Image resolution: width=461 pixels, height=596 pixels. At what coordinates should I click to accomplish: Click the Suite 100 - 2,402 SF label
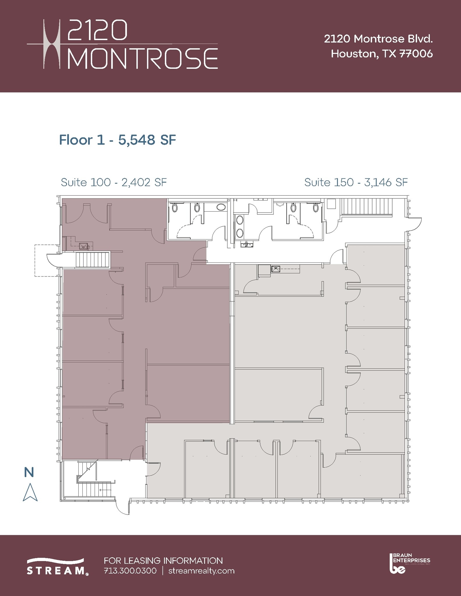coord(114,182)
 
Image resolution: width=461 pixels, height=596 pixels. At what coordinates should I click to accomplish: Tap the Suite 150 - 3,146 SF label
coord(356,182)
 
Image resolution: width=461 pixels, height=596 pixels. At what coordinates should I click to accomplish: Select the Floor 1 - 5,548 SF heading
coord(117,140)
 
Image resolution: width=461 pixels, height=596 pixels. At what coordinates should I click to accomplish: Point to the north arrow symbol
coord(30,492)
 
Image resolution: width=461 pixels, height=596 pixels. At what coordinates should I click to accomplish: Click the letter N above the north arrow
coord(29,472)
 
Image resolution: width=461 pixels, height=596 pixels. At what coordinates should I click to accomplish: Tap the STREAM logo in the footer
coord(57,566)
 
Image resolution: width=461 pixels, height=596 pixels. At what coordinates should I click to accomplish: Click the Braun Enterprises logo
coord(409,563)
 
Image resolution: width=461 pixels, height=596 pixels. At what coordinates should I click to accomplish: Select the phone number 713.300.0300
coord(130,571)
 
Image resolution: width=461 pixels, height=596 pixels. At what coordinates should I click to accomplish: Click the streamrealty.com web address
coord(202,571)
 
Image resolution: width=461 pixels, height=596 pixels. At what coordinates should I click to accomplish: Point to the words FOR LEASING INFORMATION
coord(163,560)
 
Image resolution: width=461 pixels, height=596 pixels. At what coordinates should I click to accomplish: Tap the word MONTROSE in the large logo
coord(143,58)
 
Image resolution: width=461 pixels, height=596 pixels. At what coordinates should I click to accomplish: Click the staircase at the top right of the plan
coord(367,207)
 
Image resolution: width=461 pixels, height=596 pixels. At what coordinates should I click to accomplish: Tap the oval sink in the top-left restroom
coord(221,207)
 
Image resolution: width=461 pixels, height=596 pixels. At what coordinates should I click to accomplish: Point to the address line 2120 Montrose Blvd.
coord(378,39)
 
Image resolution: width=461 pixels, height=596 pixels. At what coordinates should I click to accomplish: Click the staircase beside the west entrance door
coord(92,260)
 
